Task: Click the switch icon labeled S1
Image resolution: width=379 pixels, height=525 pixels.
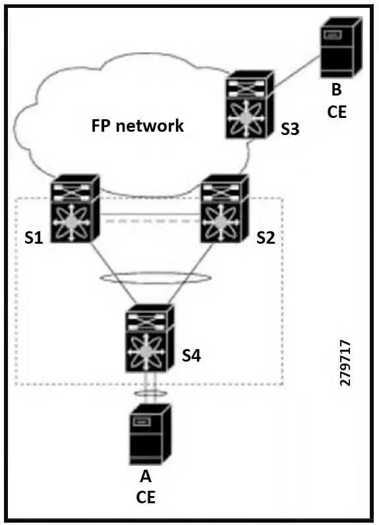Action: (75, 208)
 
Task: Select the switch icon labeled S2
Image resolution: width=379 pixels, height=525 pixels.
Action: (225, 208)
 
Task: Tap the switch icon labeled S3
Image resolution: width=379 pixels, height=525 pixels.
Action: (250, 104)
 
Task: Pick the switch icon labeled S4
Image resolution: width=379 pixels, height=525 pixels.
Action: (150, 339)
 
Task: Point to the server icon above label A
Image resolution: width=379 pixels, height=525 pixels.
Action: (150, 434)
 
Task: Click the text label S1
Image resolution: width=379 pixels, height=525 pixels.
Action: (34, 238)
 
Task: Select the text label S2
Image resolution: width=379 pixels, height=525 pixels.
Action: (266, 238)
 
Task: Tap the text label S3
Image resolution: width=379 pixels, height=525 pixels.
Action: (290, 129)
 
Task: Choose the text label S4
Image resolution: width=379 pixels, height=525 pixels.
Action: (191, 355)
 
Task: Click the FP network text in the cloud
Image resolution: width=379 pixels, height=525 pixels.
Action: (138, 126)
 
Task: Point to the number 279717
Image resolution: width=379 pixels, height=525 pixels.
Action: (345, 363)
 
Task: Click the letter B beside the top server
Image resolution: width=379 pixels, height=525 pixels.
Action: (336, 90)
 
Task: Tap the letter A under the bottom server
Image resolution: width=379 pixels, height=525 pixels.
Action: (146, 476)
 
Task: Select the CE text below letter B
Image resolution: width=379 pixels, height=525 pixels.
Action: (336, 112)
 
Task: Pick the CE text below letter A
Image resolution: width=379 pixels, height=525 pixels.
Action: (146, 497)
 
